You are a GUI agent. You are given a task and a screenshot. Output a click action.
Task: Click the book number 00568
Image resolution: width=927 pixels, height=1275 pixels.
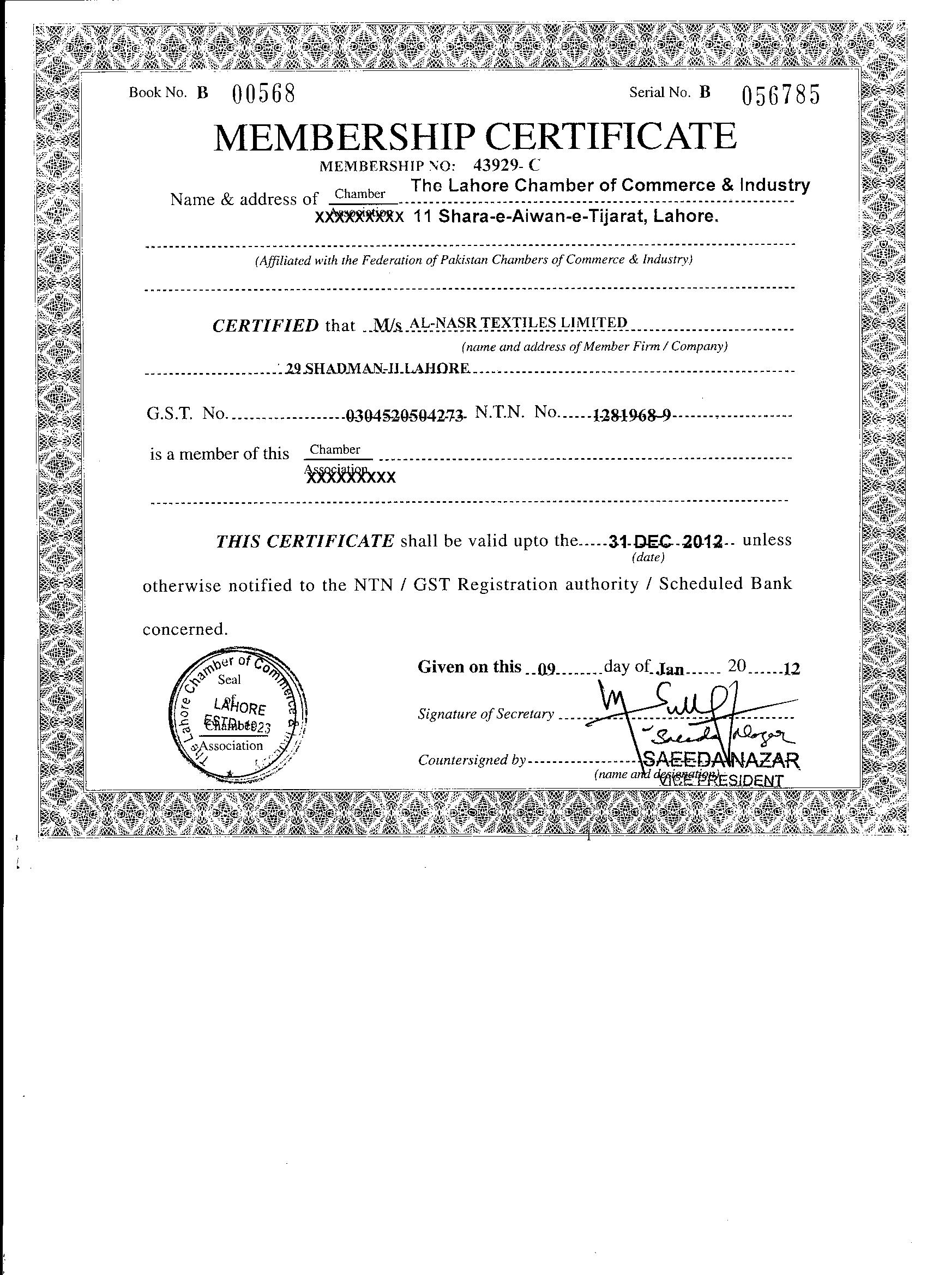click(264, 94)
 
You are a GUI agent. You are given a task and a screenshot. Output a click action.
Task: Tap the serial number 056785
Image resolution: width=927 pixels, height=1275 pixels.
click(781, 95)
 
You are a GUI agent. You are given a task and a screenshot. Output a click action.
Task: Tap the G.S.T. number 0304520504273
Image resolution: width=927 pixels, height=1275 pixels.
click(405, 416)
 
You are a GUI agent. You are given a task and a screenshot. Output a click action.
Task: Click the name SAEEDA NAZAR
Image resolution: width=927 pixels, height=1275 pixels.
click(720, 761)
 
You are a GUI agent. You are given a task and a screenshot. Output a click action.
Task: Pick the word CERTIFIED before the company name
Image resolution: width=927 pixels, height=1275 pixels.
click(266, 326)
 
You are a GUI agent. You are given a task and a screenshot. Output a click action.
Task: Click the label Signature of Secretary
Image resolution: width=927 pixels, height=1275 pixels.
click(486, 714)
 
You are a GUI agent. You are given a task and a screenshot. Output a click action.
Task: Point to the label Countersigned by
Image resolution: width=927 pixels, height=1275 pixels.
click(472, 760)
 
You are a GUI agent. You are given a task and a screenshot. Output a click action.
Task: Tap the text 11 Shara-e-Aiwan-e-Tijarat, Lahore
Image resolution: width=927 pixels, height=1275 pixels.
click(566, 216)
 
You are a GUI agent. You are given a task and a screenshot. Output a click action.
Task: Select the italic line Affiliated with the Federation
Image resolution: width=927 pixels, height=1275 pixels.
click(473, 260)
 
